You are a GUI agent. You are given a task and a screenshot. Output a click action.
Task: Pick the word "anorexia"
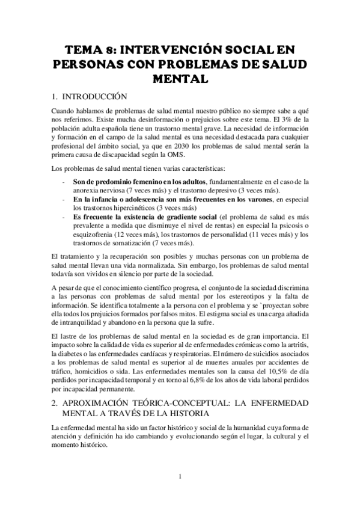coord(88,191)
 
